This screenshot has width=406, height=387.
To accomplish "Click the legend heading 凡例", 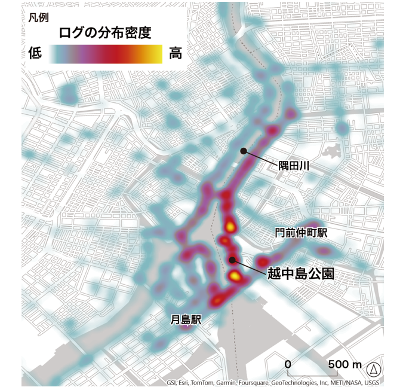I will tap(38, 17).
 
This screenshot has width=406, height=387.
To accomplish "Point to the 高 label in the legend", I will tap(175, 53).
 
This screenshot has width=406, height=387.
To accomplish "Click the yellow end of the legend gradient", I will tap(156, 54).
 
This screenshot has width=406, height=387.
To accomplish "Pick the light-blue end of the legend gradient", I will tap(53, 54).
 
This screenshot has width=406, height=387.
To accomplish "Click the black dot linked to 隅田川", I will tap(243, 151).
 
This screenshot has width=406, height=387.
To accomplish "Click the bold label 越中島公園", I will tap(299, 275).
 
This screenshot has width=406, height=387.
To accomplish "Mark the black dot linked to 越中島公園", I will tap(232, 260).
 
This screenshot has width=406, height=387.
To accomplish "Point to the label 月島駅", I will tap(183, 319).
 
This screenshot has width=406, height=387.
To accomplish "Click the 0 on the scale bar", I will tap(287, 364).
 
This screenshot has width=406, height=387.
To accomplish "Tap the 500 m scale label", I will tap(345, 364).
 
